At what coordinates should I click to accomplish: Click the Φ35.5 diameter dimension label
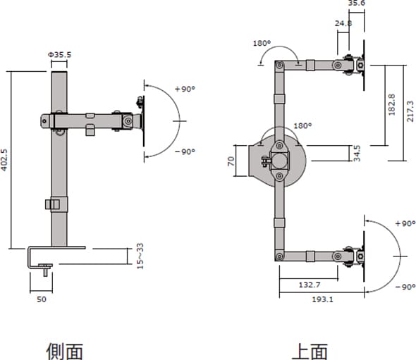[59, 55]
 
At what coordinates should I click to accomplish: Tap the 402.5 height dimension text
[4, 160]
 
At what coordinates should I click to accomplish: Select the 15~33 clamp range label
[140, 256]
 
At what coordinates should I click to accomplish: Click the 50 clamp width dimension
[42, 299]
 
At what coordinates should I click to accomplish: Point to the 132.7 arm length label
[310, 285]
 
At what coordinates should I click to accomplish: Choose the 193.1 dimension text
[322, 299]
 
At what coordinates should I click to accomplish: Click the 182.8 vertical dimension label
[391, 104]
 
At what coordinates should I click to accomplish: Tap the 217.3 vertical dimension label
[410, 111]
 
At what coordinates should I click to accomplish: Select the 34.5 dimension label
[357, 153]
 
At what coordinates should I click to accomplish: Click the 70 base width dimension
[231, 161]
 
